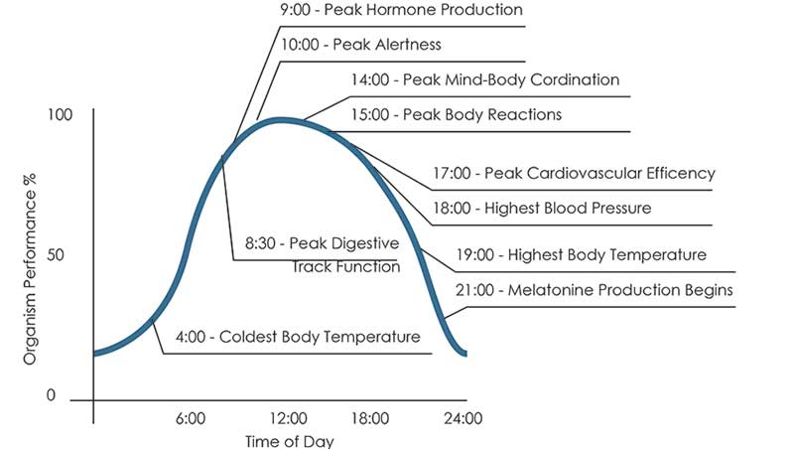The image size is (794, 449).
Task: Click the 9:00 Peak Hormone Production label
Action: click(x=401, y=11)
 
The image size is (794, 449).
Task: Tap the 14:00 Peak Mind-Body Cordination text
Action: click(x=484, y=79)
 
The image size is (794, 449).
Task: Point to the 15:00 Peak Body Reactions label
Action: click(x=456, y=114)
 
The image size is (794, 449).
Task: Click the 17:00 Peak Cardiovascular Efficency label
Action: click(x=574, y=173)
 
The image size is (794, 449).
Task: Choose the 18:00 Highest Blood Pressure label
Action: click(x=542, y=208)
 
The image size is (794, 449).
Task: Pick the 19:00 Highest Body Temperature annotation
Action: click(x=581, y=254)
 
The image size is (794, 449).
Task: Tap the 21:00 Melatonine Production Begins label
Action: click(x=594, y=290)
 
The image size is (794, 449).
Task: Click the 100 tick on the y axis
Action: click(x=60, y=115)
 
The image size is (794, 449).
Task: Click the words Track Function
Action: click(x=344, y=266)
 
